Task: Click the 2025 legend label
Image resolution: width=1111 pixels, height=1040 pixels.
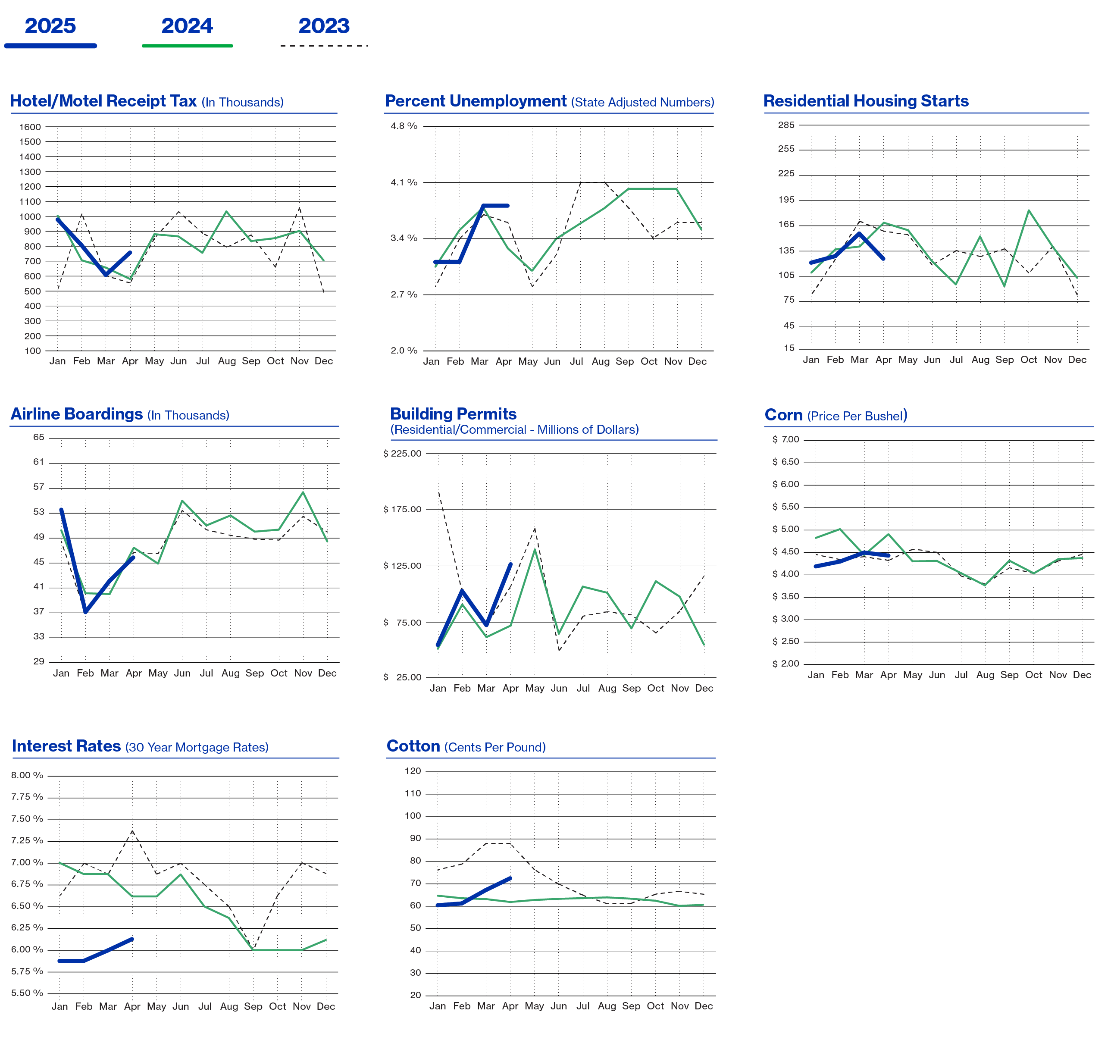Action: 50,26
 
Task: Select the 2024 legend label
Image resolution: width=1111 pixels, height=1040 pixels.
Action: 187,26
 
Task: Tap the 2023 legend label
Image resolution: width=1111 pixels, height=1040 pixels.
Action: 324,26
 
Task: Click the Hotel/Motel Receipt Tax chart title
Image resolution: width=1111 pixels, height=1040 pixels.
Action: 147,101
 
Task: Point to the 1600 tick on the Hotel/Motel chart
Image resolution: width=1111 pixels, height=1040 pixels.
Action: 30,127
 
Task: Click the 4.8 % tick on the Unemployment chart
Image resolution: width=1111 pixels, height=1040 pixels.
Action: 404,126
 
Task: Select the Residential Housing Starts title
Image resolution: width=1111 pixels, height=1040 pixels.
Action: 866,101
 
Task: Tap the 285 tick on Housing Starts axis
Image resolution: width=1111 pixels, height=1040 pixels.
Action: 786,125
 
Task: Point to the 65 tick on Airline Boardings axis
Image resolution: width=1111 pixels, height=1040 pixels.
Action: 38,437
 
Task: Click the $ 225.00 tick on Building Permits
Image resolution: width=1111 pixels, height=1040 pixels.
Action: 402,453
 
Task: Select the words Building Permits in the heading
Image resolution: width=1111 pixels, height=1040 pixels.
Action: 453,414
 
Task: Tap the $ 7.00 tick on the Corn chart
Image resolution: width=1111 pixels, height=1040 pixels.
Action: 786,439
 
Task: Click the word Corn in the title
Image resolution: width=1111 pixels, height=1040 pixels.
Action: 783,415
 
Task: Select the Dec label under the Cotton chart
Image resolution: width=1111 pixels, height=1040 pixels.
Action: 704,1006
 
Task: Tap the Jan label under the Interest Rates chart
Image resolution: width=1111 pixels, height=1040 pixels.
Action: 60,1006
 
